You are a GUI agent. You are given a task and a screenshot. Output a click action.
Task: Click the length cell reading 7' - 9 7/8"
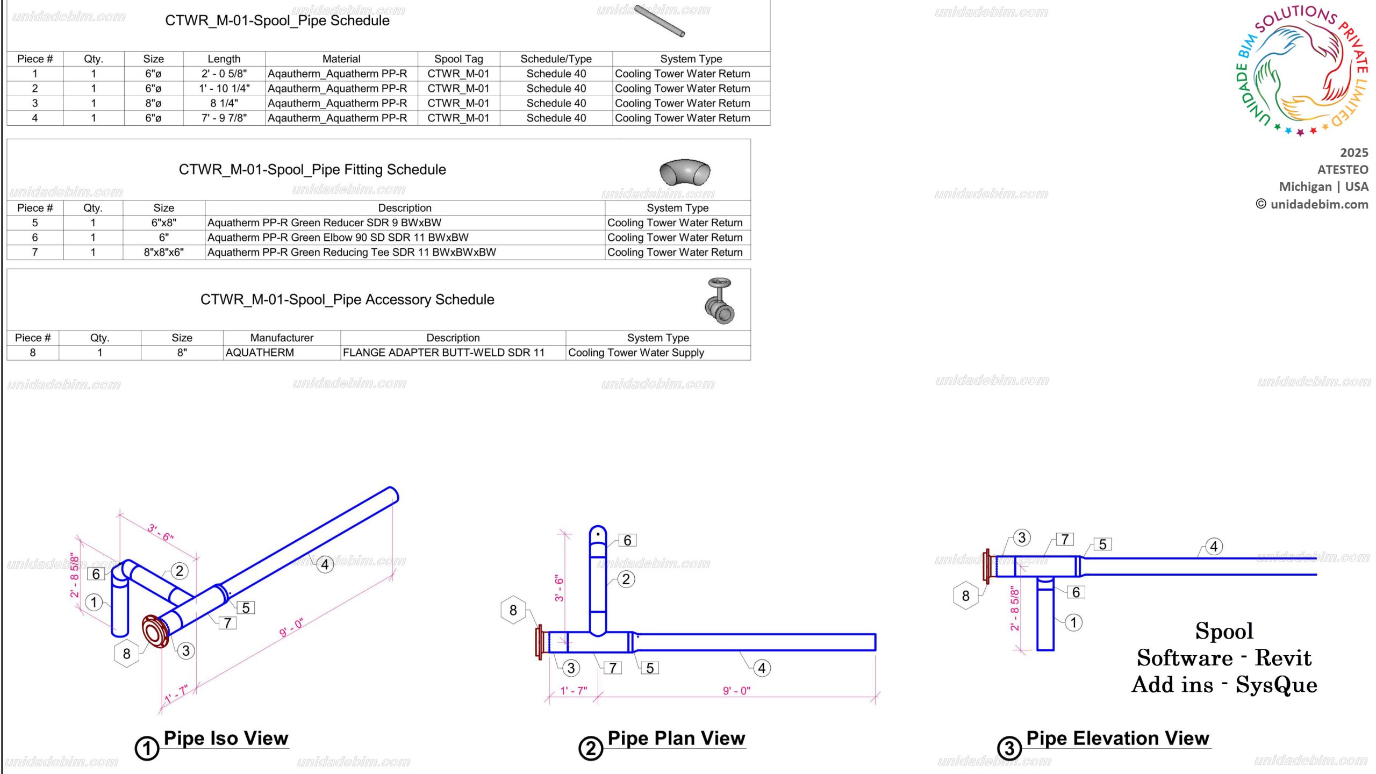pyautogui.click(x=224, y=118)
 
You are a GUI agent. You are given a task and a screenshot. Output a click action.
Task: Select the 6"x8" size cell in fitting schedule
pyautogui.click(x=163, y=223)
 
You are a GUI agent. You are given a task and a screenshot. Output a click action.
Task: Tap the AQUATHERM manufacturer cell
pyautogui.click(x=260, y=353)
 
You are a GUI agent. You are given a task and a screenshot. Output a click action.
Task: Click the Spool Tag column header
pyautogui.click(x=458, y=59)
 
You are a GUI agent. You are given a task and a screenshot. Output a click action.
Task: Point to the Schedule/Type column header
pyautogui.click(x=556, y=59)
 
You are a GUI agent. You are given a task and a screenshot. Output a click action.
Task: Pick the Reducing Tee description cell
pyautogui.click(x=352, y=252)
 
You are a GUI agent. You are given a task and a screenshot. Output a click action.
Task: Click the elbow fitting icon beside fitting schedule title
pyautogui.click(x=684, y=173)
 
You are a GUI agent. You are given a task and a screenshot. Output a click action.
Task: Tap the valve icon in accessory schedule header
pyautogui.click(x=719, y=301)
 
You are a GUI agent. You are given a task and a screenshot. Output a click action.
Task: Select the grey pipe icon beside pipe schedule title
pyautogui.click(x=659, y=21)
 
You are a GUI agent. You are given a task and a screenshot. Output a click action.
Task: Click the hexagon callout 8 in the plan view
pyautogui.click(x=513, y=610)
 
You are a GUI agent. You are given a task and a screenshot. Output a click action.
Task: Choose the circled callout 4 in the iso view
pyautogui.click(x=325, y=565)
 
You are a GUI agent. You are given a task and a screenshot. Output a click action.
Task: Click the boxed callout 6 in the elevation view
pyautogui.click(x=1076, y=592)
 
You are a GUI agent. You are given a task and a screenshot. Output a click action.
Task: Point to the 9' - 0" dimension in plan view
pyautogui.click(x=736, y=691)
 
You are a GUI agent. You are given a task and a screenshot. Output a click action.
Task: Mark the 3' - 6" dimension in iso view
pyautogui.click(x=160, y=532)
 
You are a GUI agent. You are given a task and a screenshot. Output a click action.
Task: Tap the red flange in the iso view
pyautogui.click(x=155, y=632)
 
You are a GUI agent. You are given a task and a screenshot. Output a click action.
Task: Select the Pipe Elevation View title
pyautogui.click(x=1117, y=739)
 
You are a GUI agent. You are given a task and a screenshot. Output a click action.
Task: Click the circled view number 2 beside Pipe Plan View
pyautogui.click(x=591, y=748)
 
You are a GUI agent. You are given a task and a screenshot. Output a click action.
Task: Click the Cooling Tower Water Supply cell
pyautogui.click(x=636, y=353)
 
